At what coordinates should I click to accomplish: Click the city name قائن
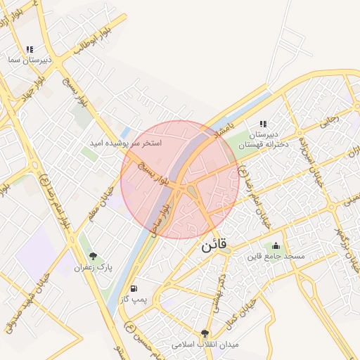pyautogui.click(x=214, y=247)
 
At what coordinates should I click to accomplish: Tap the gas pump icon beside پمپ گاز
pyautogui.click(x=134, y=289)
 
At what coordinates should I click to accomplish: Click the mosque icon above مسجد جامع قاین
pyautogui.click(x=276, y=245)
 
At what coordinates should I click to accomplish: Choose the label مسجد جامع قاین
pyautogui.click(x=276, y=257)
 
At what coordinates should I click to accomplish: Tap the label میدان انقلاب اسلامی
pyautogui.click(x=205, y=345)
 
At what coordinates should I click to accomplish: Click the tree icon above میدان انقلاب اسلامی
pyautogui.click(x=205, y=334)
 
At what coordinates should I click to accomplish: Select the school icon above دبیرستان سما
pyautogui.click(x=30, y=49)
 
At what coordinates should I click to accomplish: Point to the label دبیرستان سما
pyautogui.click(x=25, y=62)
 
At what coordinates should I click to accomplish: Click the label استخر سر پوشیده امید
pyautogui.click(x=125, y=143)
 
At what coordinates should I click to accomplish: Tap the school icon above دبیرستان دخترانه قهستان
pyautogui.click(x=263, y=124)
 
